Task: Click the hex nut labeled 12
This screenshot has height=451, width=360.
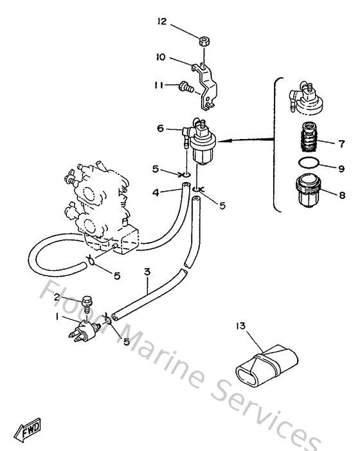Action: [x=204, y=41]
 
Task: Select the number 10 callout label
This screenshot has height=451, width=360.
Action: [x=161, y=57]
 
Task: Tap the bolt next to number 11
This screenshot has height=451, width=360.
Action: [x=186, y=87]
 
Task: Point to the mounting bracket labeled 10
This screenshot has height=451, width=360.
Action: [x=204, y=87]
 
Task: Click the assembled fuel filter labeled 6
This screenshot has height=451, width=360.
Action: [x=199, y=141]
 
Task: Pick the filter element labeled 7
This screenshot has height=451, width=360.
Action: [x=309, y=136]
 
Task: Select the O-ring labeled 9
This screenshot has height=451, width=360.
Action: [x=309, y=163]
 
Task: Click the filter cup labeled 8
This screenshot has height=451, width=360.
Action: [x=308, y=190]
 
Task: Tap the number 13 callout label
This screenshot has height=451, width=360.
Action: [x=241, y=326]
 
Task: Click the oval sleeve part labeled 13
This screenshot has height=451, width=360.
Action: [x=267, y=365]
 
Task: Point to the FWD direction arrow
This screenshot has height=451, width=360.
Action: [x=28, y=430]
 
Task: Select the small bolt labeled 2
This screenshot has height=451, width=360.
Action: [x=87, y=304]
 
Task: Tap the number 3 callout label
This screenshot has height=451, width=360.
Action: [x=147, y=272]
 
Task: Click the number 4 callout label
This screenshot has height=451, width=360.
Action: [x=156, y=192]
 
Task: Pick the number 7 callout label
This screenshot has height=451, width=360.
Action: [x=341, y=143]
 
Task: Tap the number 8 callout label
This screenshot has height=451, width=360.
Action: [x=342, y=196]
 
